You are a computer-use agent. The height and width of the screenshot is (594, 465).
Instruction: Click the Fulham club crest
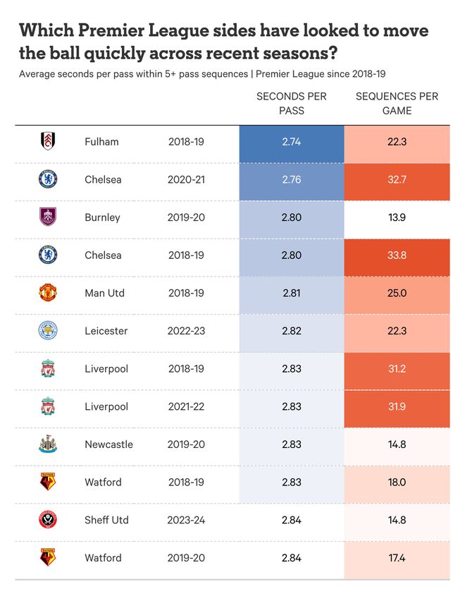(48, 142)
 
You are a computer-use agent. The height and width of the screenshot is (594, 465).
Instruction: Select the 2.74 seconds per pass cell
(291, 142)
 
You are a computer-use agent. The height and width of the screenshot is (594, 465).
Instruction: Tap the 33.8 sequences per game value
(397, 255)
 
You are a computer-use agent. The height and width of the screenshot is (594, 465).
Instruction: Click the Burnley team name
(102, 217)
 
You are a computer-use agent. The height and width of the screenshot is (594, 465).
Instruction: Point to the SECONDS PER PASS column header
(291, 103)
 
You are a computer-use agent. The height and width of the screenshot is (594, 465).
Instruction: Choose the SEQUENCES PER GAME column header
(397, 103)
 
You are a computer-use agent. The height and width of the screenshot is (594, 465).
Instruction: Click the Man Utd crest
(48, 293)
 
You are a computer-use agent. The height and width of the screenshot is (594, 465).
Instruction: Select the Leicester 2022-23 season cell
(186, 331)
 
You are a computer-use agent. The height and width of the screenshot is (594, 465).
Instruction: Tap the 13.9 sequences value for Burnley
(397, 217)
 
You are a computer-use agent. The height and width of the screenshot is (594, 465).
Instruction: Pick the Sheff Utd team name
(106, 520)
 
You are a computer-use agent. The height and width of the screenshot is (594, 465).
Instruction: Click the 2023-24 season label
(186, 520)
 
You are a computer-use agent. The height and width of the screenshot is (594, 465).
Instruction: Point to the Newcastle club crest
(48, 444)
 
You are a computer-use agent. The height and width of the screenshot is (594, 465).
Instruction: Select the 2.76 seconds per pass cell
(291, 179)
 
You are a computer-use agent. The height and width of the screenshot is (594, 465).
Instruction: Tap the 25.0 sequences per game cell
(397, 293)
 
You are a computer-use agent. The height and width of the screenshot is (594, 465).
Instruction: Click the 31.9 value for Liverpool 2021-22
(397, 406)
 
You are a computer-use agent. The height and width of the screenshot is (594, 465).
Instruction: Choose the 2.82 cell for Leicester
(291, 331)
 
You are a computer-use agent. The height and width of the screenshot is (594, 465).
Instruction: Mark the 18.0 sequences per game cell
(397, 483)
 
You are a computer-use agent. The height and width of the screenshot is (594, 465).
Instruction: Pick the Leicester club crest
(48, 331)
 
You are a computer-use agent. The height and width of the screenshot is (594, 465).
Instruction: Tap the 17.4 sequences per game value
(397, 558)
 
